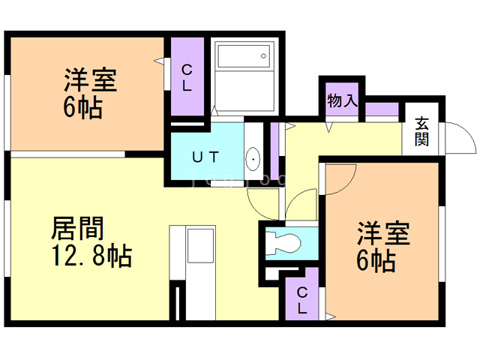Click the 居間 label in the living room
(77, 228)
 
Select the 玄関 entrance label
(422, 131)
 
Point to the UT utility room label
(205, 157)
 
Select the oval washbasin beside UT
(253, 159)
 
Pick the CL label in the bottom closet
(302, 299)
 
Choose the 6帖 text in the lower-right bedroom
(376, 262)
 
